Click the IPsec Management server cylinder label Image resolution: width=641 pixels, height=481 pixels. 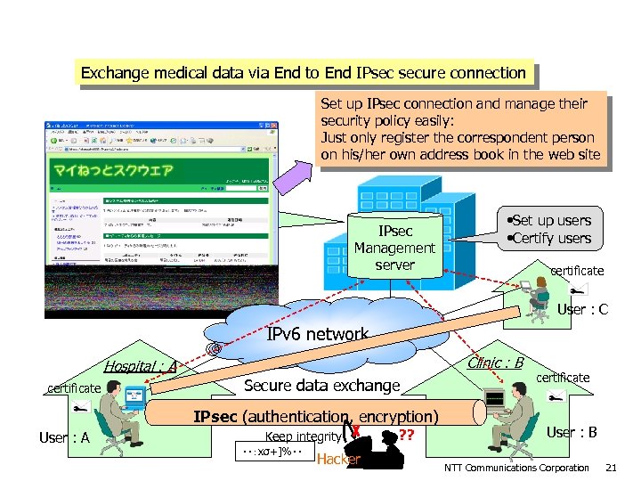pos(394,248)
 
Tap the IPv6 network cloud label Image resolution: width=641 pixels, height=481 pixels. pos(318,335)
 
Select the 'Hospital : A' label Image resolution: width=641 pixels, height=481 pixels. pos(140,365)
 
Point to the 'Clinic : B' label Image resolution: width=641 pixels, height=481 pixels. pos(495,363)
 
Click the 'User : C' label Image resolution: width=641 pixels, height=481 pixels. pos(582,310)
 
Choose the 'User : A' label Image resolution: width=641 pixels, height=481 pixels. pos(64,437)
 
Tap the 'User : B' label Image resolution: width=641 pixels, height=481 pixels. pos(571,432)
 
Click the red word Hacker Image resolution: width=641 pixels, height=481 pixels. pos(338,460)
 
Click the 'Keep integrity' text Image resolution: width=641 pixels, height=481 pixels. pos(303,436)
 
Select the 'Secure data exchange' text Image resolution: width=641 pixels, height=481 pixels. pos(321,386)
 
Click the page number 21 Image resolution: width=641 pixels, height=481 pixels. pos(611,468)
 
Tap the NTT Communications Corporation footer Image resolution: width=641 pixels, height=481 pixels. pos(516,468)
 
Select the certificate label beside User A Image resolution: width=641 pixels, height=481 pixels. pos(74,387)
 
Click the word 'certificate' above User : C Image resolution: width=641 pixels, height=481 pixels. pos(576,270)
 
